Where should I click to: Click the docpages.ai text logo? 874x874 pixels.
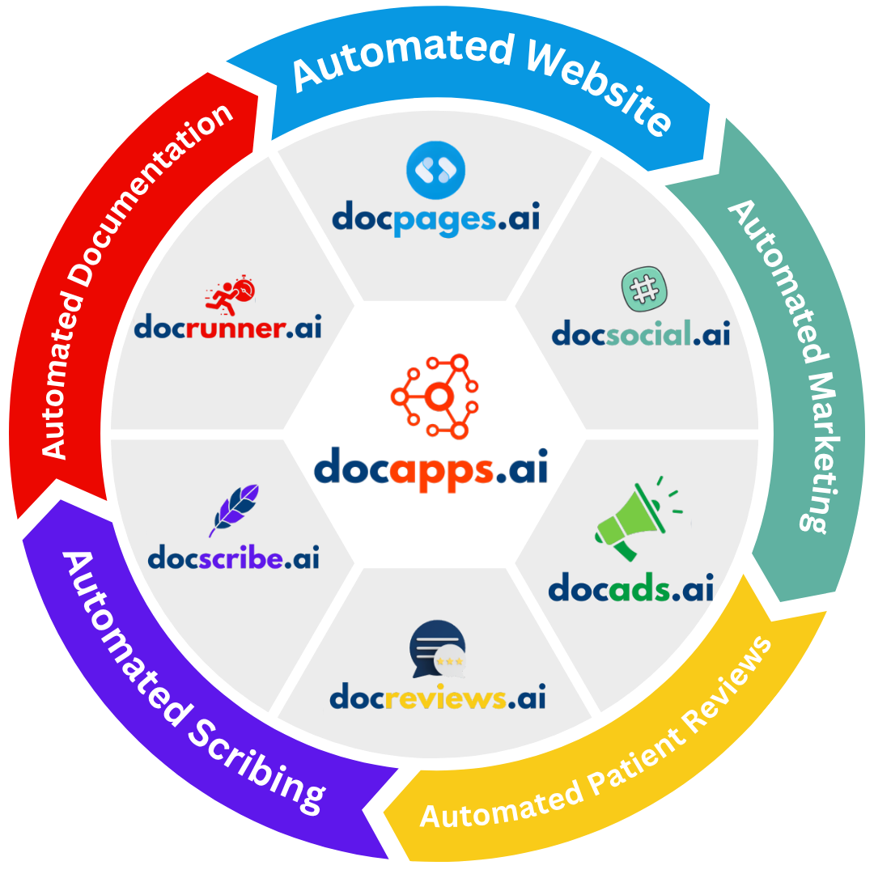pos(435,219)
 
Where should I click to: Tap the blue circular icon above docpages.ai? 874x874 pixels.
pos(436,171)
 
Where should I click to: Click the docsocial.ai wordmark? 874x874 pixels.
pos(641,333)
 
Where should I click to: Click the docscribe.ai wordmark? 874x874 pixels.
pos(234,558)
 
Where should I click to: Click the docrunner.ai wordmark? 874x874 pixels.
pos(227,328)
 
